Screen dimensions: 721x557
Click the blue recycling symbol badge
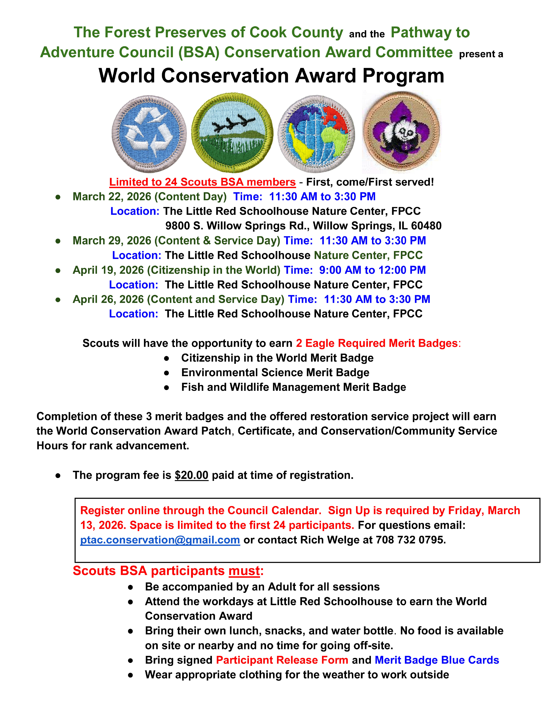(x=149, y=134)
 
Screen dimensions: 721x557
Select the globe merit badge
(x=316, y=134)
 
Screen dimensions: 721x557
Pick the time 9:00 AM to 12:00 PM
(x=372, y=270)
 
